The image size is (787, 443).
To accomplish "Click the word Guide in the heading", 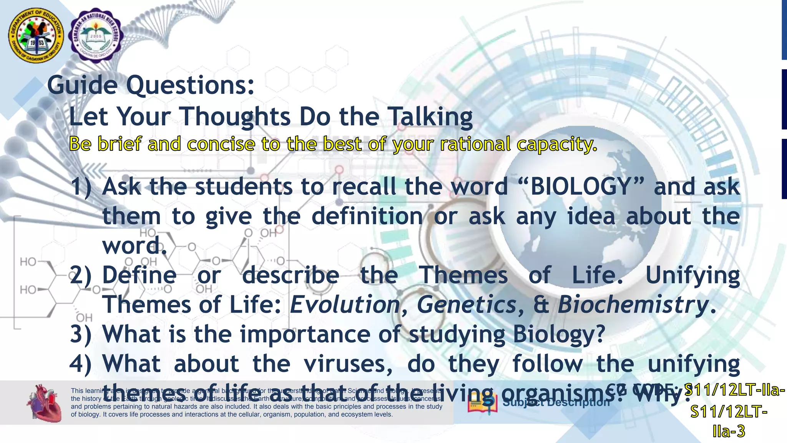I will pyautogui.click(x=82, y=85).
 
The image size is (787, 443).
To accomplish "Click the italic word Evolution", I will pyautogui.click(x=345, y=305).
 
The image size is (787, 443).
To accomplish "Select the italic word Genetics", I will pyautogui.click(x=467, y=305).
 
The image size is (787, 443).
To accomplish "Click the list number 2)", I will pyautogui.click(x=81, y=275).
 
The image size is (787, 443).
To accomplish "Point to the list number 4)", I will pyautogui.click(x=81, y=364).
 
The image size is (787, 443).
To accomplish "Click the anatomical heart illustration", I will pyautogui.click(x=44, y=403).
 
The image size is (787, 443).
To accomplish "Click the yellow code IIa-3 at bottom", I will pyautogui.click(x=729, y=431).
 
